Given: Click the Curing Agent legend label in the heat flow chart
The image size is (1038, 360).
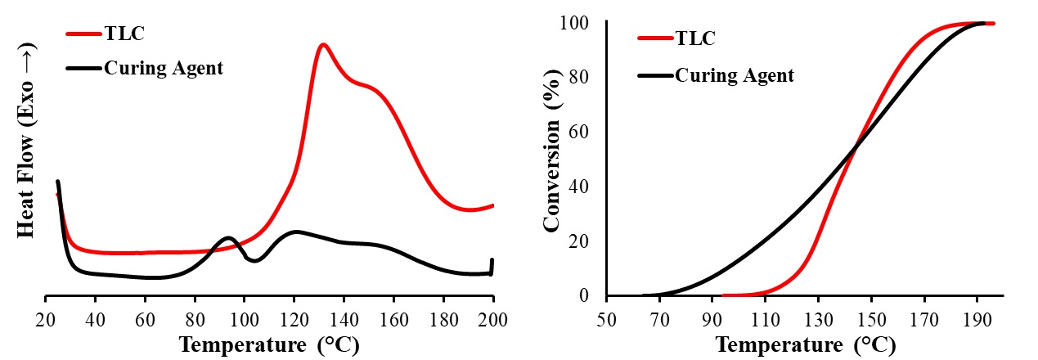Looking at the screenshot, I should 163,68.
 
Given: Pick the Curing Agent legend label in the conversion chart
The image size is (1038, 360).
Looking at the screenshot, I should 734,75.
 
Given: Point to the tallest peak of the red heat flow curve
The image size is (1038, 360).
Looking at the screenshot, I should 323,44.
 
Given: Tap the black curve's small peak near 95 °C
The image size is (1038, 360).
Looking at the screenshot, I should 228,238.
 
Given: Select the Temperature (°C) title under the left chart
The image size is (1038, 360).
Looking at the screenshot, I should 268,344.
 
